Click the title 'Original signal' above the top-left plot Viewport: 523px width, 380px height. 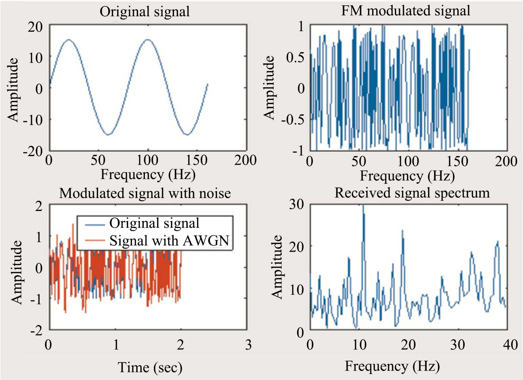click(145, 12)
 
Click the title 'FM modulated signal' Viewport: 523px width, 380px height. click(406, 11)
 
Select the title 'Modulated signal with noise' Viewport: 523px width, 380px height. click(145, 194)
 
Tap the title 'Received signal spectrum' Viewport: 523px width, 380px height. click(412, 193)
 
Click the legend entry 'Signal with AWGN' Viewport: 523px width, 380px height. click(169, 241)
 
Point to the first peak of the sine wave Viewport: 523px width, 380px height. click(69, 40)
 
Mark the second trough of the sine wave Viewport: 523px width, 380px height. click(187, 135)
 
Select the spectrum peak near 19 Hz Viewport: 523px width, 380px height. click(402, 231)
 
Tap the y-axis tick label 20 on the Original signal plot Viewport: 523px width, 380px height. click(35, 27)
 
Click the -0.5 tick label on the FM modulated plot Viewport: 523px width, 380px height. click(293, 120)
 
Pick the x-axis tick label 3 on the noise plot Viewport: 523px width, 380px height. click(248, 345)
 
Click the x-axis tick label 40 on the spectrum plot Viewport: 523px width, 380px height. click(510, 345)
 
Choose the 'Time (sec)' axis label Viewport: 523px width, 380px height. click(150, 367)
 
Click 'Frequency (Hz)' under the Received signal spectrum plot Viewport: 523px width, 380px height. click(392, 366)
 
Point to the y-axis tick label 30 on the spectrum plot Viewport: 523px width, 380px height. click(296, 204)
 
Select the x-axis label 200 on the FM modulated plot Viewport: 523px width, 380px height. click(506, 161)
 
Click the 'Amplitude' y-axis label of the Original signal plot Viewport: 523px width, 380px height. click(13, 90)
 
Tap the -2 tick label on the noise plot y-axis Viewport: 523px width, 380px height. click(36, 331)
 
